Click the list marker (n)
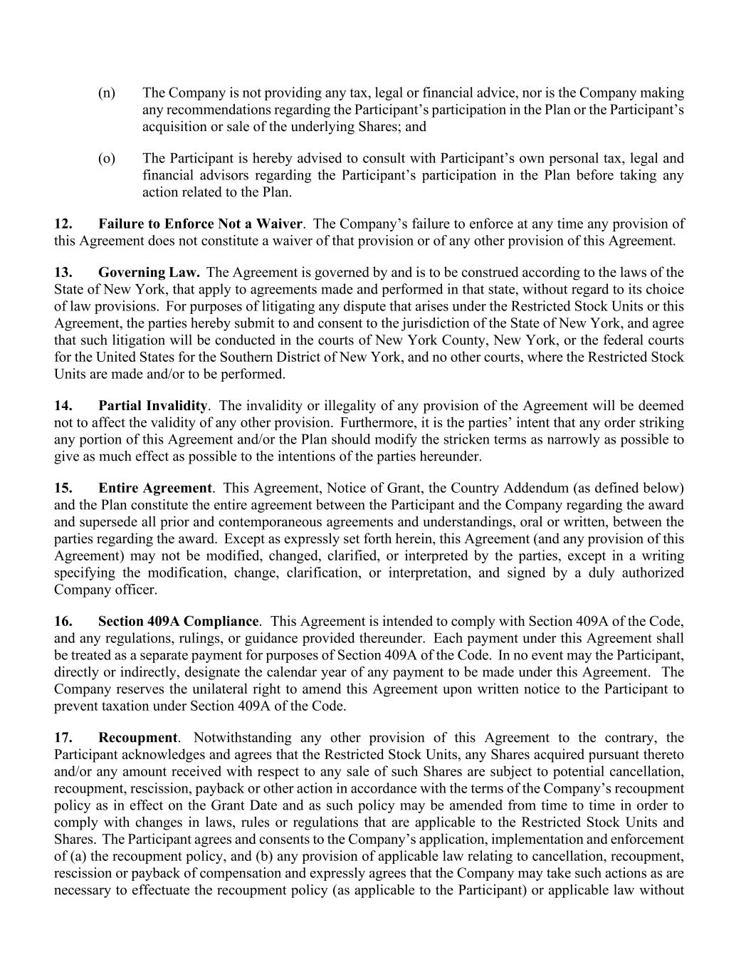pos(106,93)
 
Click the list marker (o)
pos(106,159)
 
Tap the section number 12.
pos(63,224)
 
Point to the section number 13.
pos(63,273)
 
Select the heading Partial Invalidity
pos(152,406)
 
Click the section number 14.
pos(63,406)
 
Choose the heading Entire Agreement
pos(154,488)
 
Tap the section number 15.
pos(63,488)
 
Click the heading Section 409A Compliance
pos(178,622)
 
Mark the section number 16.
pos(63,622)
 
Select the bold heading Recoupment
pos(138,738)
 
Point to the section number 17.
pos(63,738)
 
